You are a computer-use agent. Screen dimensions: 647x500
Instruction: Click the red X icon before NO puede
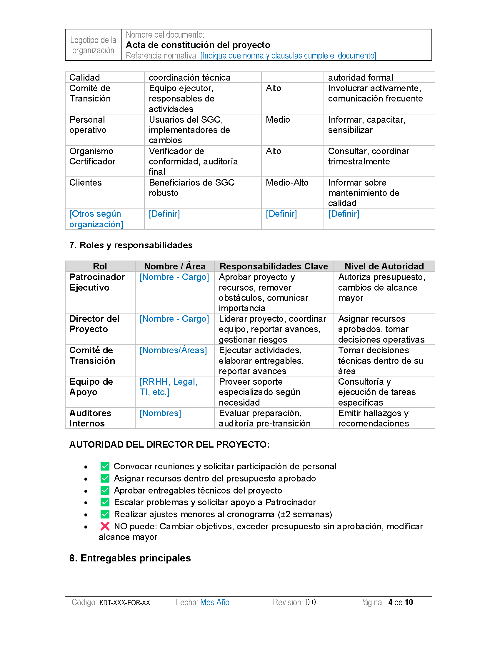105,526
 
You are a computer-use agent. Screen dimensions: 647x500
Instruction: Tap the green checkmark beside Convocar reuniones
105,466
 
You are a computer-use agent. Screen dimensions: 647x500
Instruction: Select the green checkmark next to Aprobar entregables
105,490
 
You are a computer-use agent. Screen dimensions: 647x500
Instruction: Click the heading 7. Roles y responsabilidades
131,245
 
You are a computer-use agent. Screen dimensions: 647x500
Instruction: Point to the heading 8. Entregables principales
130,558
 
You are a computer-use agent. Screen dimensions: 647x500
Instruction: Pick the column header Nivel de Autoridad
384,266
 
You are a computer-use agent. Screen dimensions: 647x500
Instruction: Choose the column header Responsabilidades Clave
274,266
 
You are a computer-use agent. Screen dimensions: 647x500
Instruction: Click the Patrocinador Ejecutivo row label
97,282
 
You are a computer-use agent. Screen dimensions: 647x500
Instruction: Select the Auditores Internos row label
90,418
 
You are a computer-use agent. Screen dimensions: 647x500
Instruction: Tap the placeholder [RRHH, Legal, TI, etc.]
168,387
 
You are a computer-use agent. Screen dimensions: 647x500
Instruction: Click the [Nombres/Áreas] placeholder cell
173,350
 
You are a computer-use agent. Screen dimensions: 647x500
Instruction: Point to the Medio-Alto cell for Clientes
287,183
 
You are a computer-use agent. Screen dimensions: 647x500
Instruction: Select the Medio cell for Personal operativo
278,120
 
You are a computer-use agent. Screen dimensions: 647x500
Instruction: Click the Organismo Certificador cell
92,156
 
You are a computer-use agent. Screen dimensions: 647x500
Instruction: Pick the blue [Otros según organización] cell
96,219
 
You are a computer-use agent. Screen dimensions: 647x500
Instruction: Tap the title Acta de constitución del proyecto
198,45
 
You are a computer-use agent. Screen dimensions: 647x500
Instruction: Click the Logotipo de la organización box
93,45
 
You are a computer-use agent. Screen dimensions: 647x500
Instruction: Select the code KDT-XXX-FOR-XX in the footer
125,603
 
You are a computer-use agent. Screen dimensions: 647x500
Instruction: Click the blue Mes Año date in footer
215,602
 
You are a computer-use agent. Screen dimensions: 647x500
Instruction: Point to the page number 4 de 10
401,602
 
